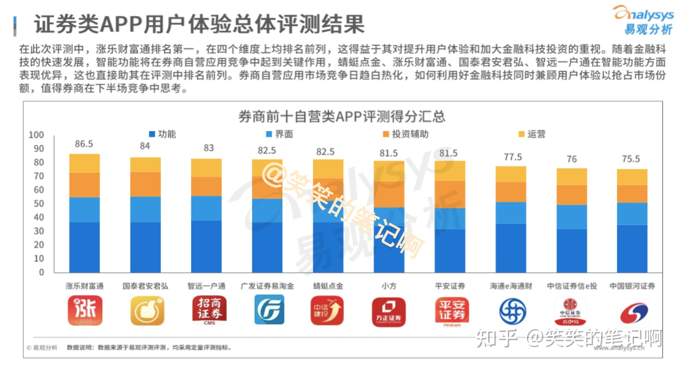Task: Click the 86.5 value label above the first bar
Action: click(84, 144)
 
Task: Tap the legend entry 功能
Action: click(163, 134)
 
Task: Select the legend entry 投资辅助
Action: click(406, 134)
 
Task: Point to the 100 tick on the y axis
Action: click(36, 135)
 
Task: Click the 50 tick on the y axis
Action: click(38, 204)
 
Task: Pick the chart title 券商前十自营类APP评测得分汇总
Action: click(342, 117)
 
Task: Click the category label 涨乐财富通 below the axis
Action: click(84, 286)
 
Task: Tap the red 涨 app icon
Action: click(85, 311)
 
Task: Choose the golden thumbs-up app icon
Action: click(147, 311)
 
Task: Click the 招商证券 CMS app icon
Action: click(209, 311)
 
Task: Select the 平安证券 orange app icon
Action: click(452, 311)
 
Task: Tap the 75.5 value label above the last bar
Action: click(631, 159)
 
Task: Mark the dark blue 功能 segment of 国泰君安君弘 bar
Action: click(145, 247)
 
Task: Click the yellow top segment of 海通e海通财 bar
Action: click(511, 174)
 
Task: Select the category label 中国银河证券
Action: click(632, 286)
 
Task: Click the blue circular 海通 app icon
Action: click(512, 311)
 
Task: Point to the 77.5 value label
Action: click(513, 157)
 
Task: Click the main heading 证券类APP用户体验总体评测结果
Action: click(199, 25)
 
